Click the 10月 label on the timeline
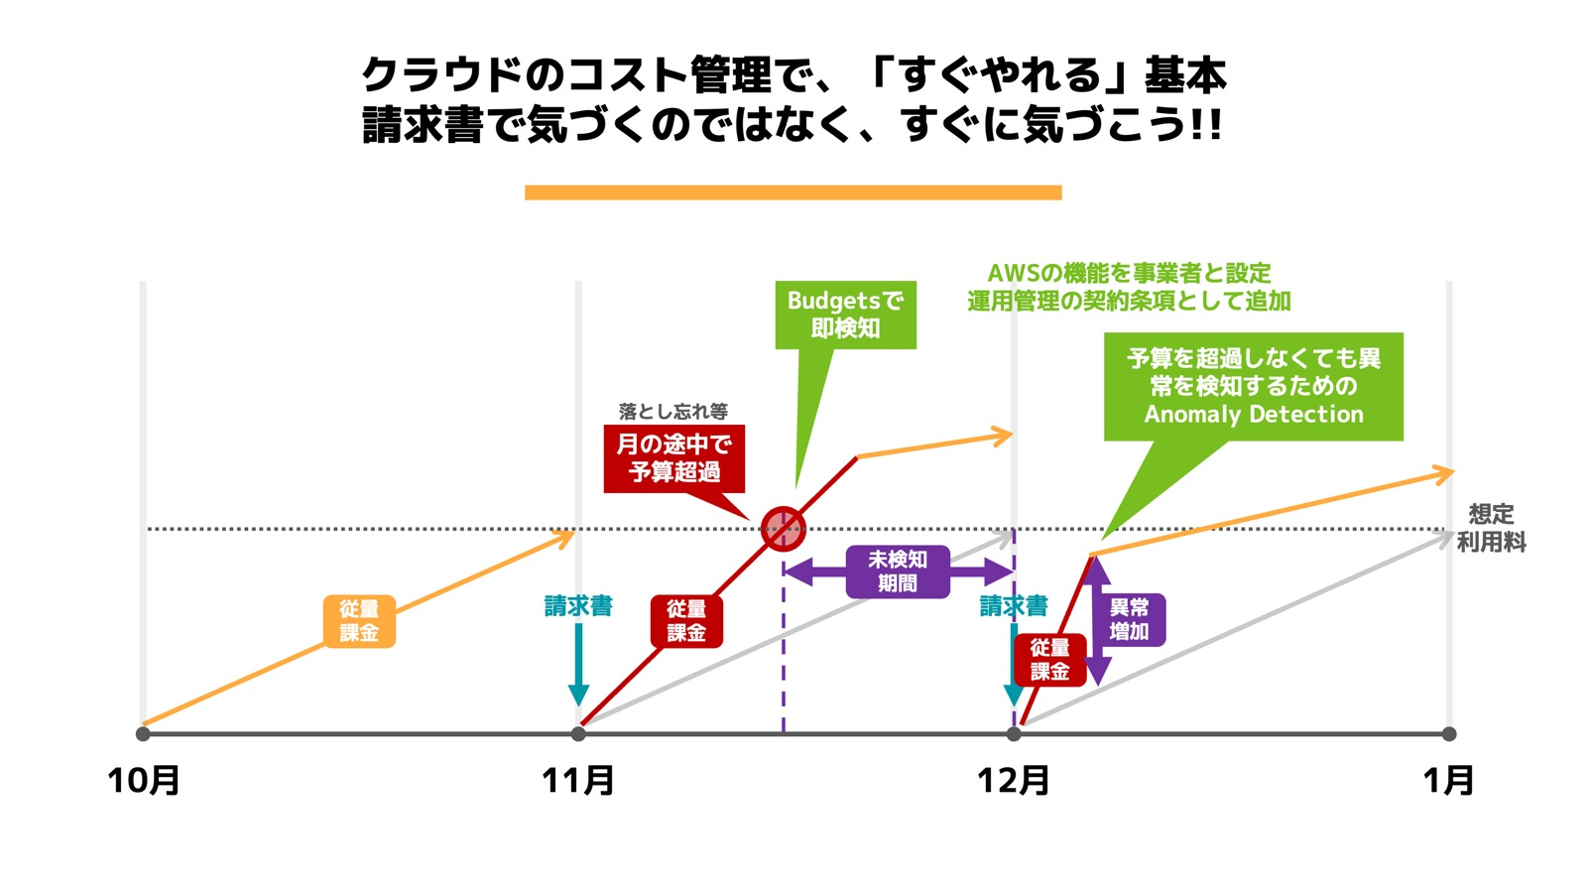144,780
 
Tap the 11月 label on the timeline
578,780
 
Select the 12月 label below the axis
1013,780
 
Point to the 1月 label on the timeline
1448,780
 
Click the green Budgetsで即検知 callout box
845,315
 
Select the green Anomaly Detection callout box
1253,386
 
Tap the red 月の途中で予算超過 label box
673,458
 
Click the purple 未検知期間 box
898,572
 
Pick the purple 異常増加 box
1129,620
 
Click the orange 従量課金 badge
359,621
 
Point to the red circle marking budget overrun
783,528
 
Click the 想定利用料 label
1491,528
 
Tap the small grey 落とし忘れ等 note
672,411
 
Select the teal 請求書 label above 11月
578,606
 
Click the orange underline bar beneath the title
793,192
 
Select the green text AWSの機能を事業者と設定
1129,273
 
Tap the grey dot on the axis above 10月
143,734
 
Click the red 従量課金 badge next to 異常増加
1049,660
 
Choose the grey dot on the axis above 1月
1449,734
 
